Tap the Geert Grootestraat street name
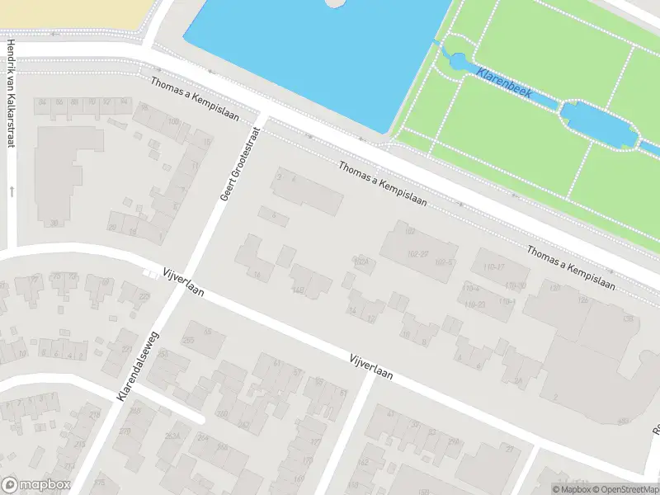239,163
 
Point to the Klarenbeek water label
504,83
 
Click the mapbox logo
36,485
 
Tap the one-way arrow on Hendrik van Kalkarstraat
12,191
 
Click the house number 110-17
494,267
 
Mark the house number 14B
298,289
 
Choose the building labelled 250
188,340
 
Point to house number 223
144,297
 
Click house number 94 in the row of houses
124,102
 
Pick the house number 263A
172,436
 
